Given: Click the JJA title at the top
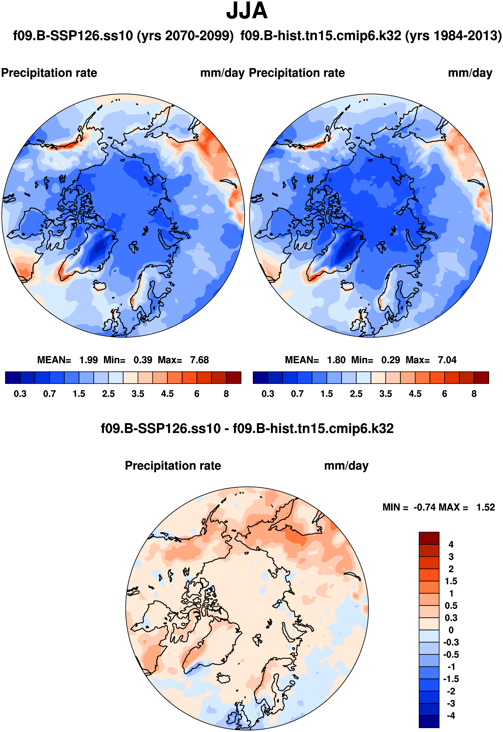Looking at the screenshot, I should click(247, 11).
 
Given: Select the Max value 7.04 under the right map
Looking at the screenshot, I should click(447, 360).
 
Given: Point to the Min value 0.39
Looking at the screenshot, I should click(143, 360).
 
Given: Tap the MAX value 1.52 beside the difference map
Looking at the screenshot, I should click(485, 507).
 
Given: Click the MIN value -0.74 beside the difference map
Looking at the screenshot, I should click(425, 507).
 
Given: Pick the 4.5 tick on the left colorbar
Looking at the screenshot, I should click(167, 394).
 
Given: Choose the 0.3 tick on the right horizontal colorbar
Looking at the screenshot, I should click(268, 394).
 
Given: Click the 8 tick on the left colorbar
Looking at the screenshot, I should click(226, 394).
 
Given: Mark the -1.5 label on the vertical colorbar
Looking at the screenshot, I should click(451, 679).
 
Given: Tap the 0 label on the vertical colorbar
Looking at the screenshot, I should click(451, 630).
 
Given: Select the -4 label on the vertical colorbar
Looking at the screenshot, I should click(451, 715).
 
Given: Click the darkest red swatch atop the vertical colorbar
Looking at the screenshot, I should click(429, 538).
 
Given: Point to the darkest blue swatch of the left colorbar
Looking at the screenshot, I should click(13, 377).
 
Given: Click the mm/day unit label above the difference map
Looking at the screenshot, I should click(346, 466).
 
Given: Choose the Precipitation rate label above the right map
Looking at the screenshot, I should click(297, 73).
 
